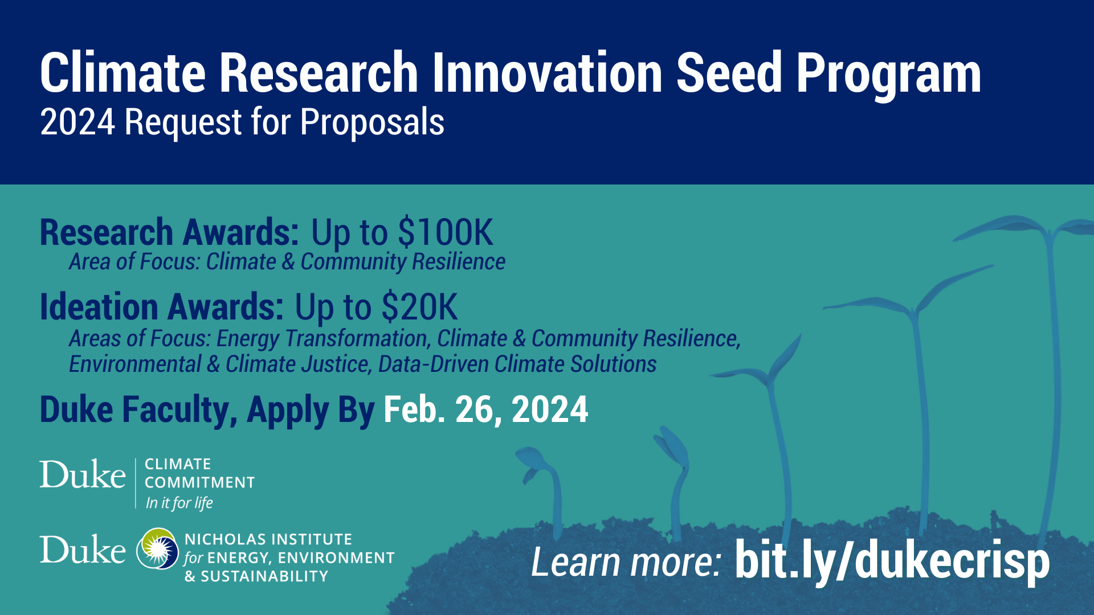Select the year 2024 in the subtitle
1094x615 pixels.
[x=77, y=122]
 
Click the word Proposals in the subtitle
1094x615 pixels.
[x=372, y=123]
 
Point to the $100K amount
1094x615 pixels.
[x=445, y=232]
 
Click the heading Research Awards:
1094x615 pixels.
[x=169, y=232]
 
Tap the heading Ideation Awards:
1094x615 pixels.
[x=161, y=307]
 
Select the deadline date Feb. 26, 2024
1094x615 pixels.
[x=485, y=409]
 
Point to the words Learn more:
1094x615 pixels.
[x=626, y=563]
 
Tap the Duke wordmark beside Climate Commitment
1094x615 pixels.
[x=83, y=474]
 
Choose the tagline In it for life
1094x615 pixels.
[x=179, y=503]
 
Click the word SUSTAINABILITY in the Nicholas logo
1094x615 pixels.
[x=264, y=576]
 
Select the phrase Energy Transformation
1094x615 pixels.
[x=322, y=338]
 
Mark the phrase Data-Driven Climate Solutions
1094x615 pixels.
[x=517, y=364]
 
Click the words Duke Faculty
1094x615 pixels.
[x=138, y=409]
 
